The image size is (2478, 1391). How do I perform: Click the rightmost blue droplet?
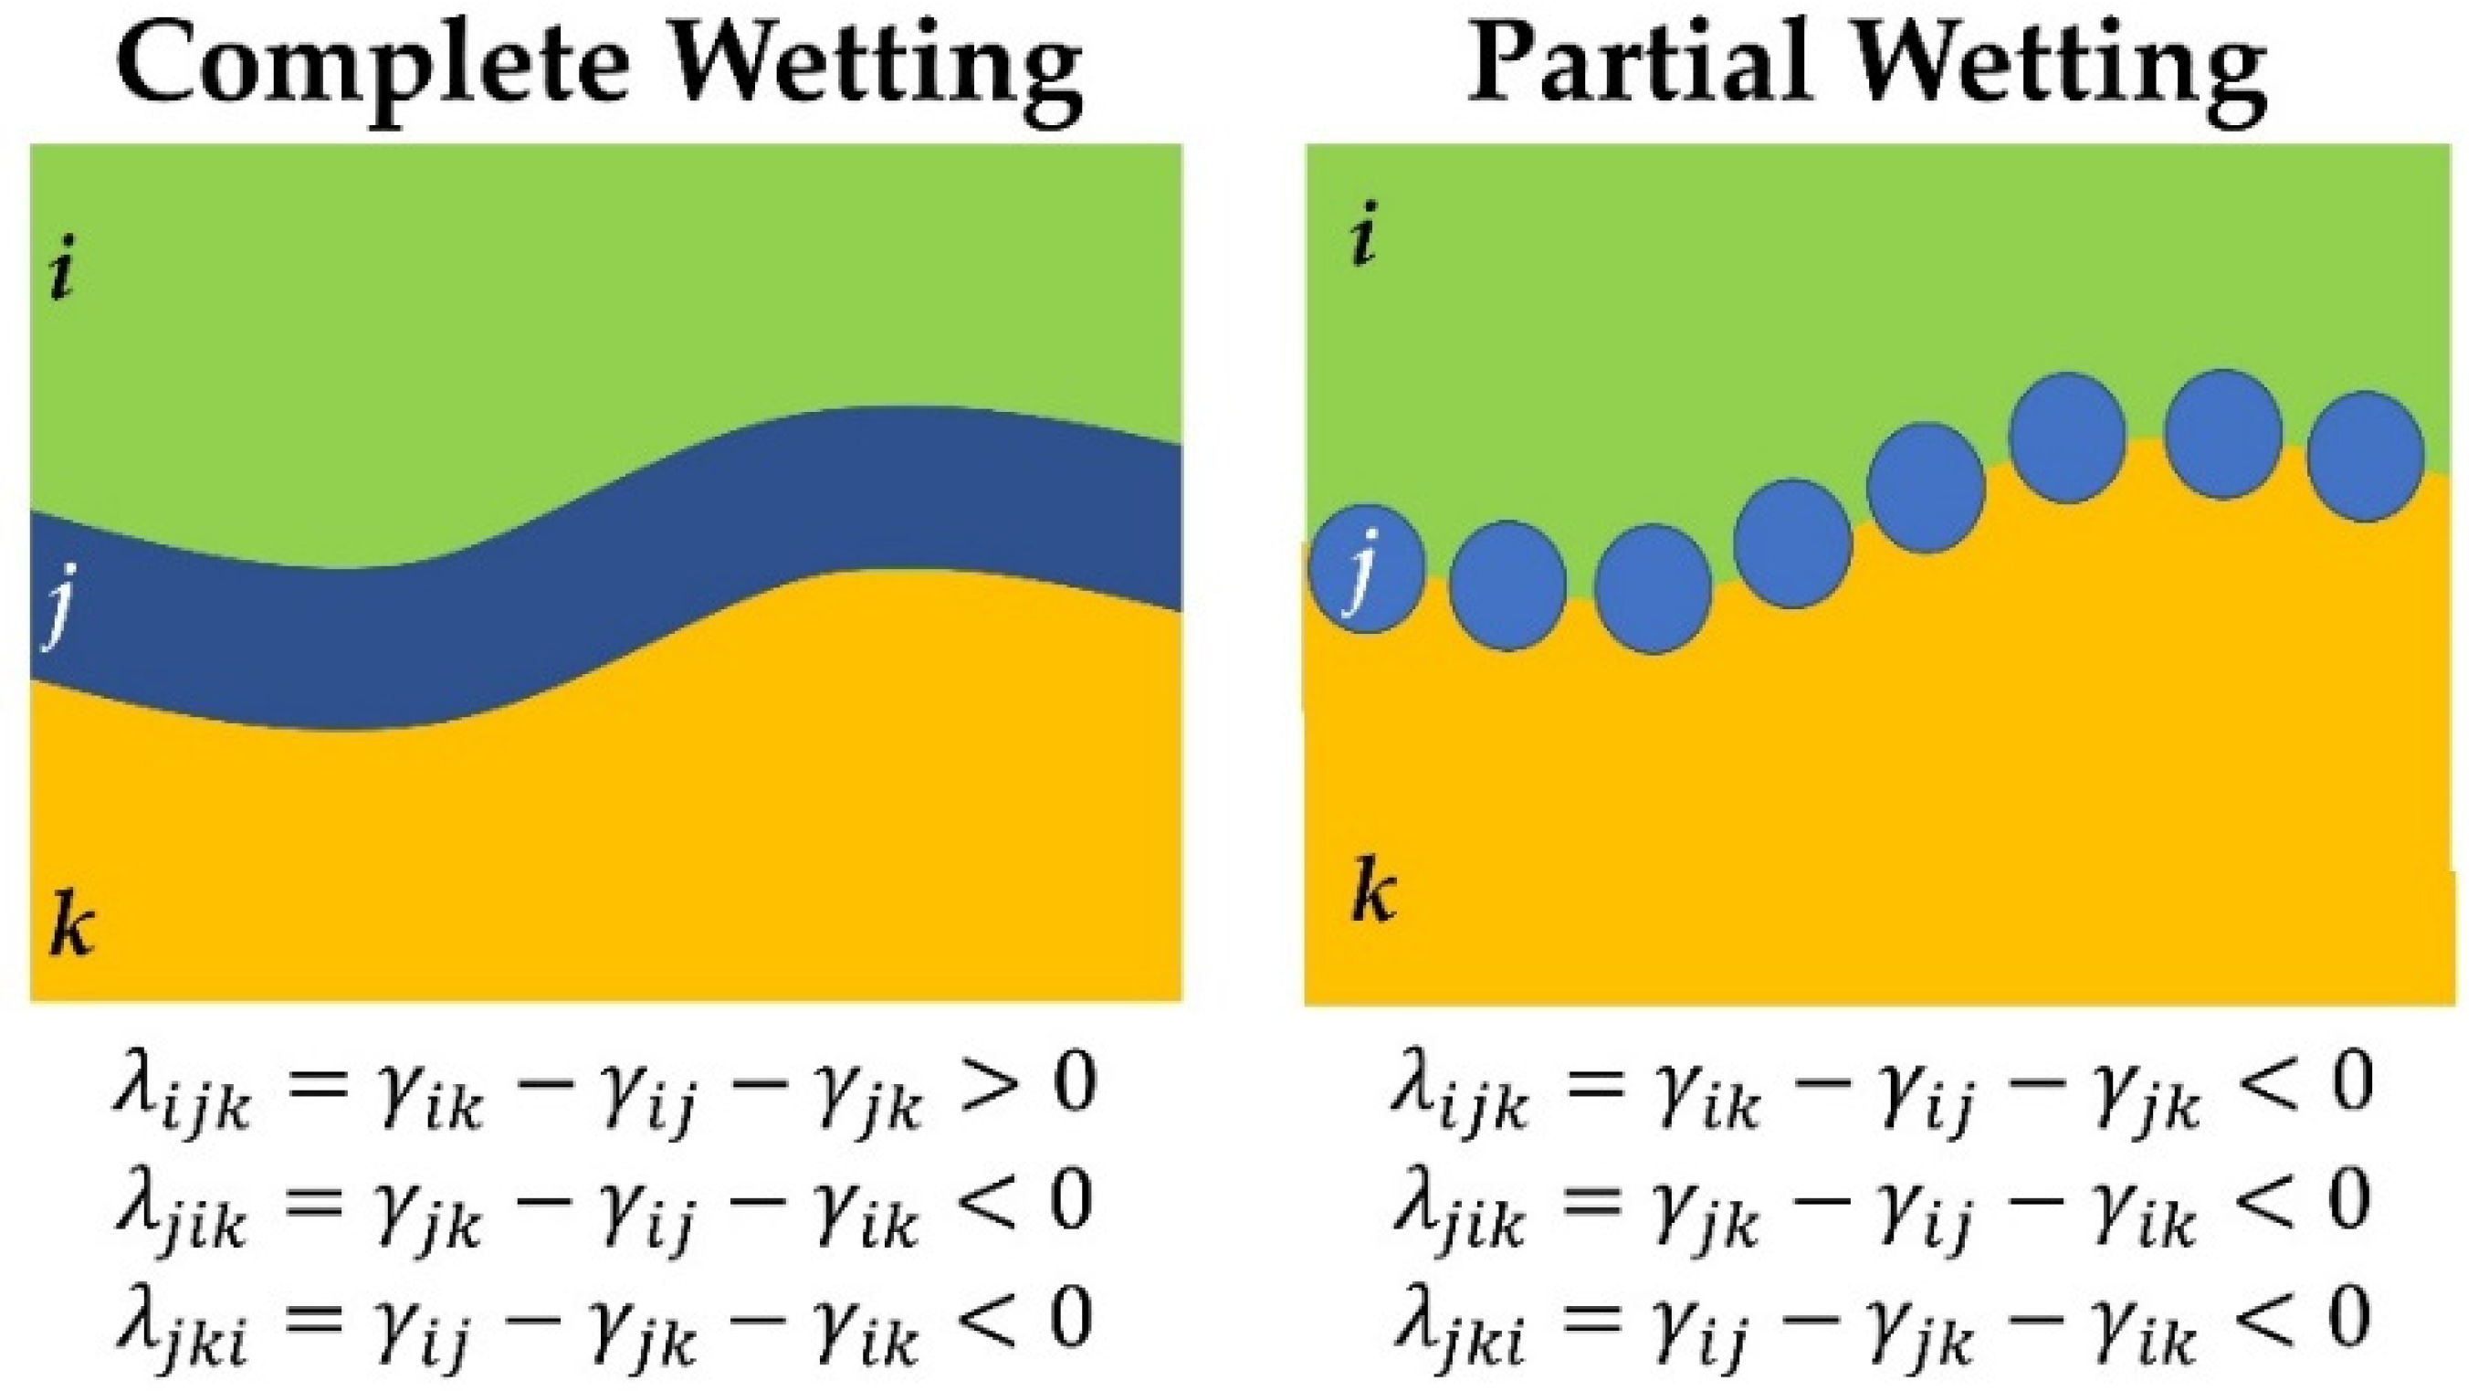point(2365,456)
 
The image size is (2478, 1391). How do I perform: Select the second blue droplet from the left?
point(1507,585)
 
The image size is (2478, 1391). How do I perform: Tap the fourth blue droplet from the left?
point(1792,543)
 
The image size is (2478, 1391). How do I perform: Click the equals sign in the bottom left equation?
point(312,1318)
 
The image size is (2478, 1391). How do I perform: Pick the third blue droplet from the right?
point(2067,437)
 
